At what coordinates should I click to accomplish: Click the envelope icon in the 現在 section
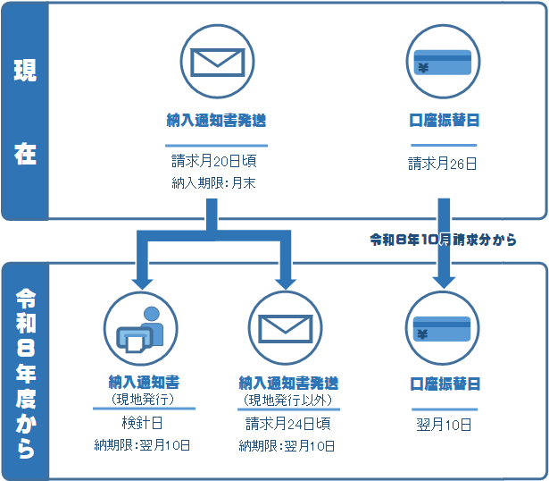217,62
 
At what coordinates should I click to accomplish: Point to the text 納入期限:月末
217,184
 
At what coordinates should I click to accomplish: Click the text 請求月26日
442,164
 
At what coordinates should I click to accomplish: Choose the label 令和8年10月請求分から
444,240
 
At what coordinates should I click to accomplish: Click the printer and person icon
142,328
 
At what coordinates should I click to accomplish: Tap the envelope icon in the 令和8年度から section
286,328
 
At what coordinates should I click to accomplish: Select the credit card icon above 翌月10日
442,328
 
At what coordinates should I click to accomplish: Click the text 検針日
143,422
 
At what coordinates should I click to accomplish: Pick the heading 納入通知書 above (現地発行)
143,383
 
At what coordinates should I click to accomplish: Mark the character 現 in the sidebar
24,71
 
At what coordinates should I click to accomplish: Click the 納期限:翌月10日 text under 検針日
143,444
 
